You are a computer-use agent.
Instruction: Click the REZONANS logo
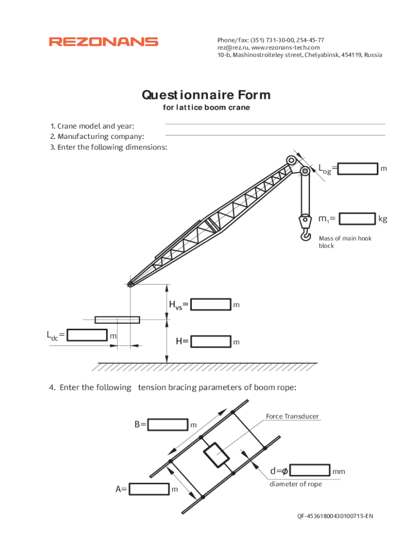pos(103,41)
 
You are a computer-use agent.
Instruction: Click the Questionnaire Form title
pos(206,95)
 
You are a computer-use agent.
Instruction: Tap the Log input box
pos(358,168)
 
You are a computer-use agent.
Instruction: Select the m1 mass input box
pos(358,218)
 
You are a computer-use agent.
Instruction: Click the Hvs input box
pos(211,305)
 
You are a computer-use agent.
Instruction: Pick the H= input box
pos(211,341)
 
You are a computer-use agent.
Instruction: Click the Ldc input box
pos(87,335)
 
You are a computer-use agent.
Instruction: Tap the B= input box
pos(168,425)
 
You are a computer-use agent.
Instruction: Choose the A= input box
pos(149,489)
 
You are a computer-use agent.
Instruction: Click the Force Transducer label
pos(292,416)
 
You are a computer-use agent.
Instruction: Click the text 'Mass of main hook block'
pos(345,242)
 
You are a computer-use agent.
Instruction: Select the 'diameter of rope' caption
pos(295,484)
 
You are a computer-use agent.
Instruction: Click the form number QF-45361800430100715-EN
pos(335,517)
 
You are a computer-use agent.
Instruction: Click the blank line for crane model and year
pos(275,124)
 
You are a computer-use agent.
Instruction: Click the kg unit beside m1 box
pos(383,219)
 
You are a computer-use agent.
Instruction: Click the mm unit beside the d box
pos(338,471)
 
